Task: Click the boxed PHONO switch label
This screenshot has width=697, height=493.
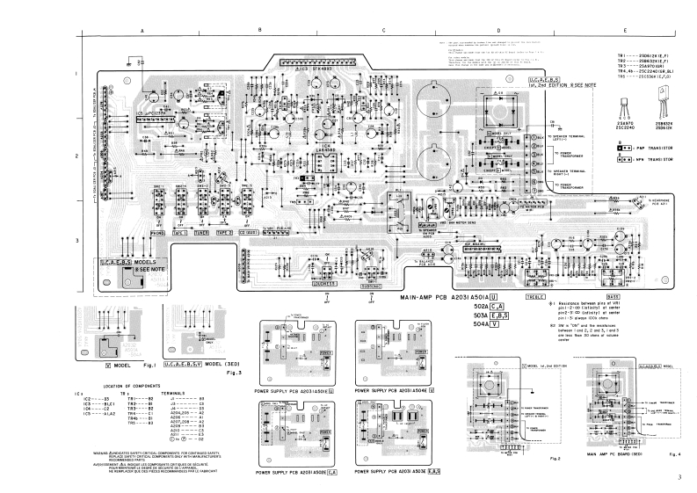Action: coord(157,234)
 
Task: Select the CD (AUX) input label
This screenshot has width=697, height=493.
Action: coord(248,234)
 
